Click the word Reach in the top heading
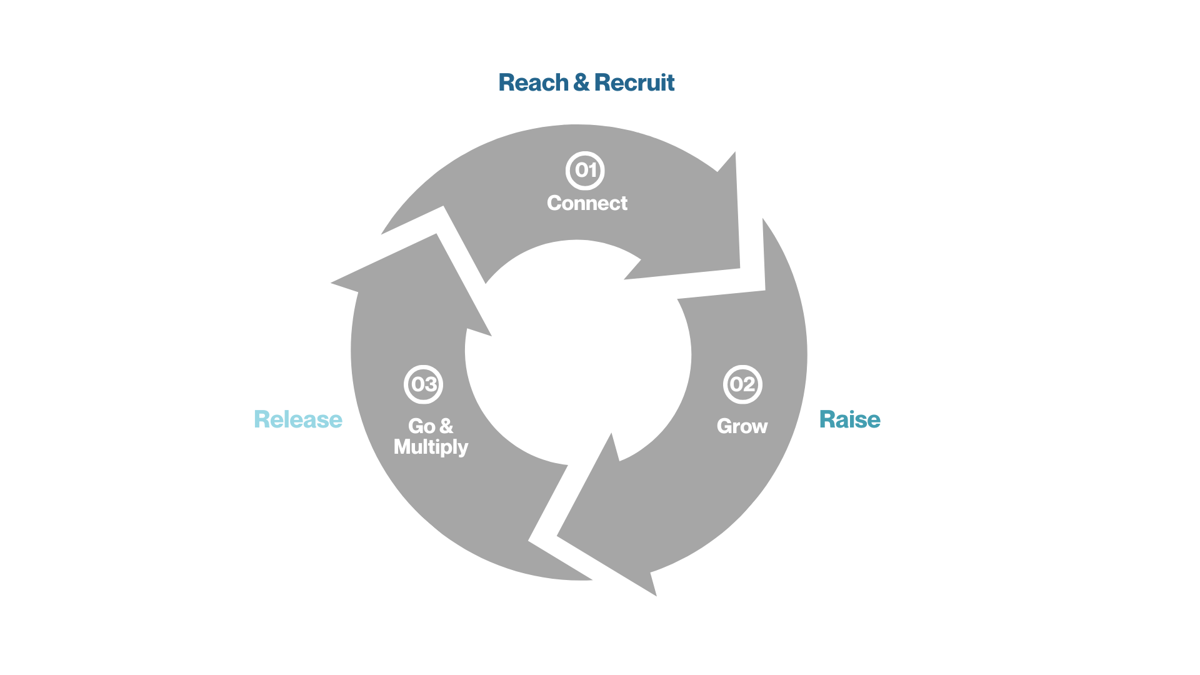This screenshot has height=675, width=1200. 533,82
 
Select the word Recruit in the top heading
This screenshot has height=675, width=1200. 634,82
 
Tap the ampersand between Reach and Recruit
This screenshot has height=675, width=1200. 581,82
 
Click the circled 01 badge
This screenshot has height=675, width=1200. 585,170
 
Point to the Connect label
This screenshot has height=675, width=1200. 587,203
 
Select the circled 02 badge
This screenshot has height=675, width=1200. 742,384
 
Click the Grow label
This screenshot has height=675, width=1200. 742,426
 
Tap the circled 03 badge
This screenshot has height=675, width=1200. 424,384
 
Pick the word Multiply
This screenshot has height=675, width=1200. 431,447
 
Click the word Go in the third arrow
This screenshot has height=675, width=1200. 422,426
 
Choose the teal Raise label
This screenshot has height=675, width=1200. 849,419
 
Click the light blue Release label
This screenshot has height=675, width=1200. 298,419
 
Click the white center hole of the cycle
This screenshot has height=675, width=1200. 578,353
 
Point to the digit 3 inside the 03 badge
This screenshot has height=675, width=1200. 430,384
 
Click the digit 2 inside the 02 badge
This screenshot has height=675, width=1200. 749,384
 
